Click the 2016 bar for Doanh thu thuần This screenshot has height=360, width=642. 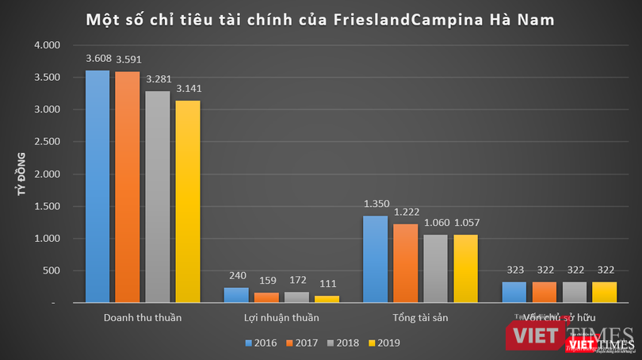click(x=97, y=186)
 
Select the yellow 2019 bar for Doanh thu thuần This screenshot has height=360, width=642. click(x=188, y=201)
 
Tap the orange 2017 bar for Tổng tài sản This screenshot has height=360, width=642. click(x=404, y=262)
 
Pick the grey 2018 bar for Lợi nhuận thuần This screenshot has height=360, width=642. click(x=296, y=297)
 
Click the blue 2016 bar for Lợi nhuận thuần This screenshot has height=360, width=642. click(x=236, y=294)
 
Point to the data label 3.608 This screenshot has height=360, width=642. click(x=97, y=59)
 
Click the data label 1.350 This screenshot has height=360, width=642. click(x=375, y=204)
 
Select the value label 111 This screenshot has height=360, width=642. click(x=327, y=284)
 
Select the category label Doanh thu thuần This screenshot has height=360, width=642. click(x=143, y=318)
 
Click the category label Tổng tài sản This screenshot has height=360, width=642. click(x=419, y=318)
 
